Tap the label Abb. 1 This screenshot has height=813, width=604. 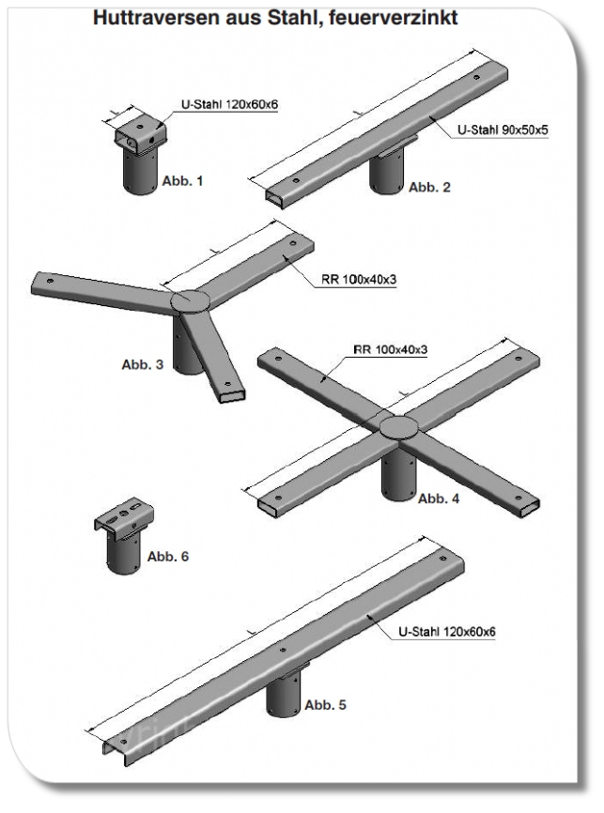click(x=182, y=181)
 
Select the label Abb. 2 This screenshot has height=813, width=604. click(x=429, y=187)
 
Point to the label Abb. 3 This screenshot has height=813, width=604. click(x=142, y=364)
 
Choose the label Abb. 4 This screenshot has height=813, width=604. click(x=439, y=499)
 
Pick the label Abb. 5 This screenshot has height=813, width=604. click(x=326, y=704)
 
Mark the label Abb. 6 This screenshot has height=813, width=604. click(x=168, y=557)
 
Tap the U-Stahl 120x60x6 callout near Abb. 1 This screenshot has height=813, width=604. click(x=229, y=104)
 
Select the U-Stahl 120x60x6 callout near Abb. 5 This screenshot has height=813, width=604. click(x=447, y=632)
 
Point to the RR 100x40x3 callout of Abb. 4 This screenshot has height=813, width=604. click(x=390, y=350)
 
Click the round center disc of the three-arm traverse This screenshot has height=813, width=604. click(x=190, y=301)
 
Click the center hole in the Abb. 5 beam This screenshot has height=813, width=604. click(x=283, y=648)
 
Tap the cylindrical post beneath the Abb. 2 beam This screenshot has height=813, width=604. click(x=386, y=173)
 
